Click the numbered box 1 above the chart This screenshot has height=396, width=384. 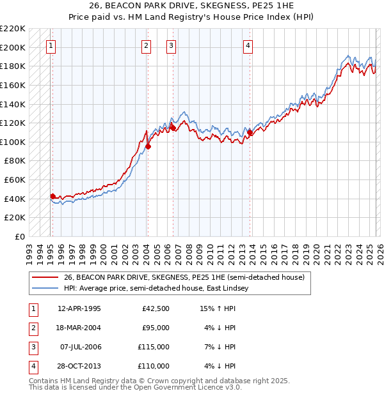coord(51,45)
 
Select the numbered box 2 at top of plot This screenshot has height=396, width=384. coord(146,45)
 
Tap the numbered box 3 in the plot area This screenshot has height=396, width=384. coord(172,45)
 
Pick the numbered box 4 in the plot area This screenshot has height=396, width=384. coord(248,45)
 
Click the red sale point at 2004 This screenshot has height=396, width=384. coord(148,146)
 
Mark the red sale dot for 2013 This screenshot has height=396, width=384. coord(250,133)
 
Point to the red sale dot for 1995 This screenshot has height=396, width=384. coord(52,196)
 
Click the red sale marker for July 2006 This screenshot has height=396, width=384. coord(172,128)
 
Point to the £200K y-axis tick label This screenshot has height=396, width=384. coord(13,47)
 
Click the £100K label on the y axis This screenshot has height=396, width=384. coord(13,142)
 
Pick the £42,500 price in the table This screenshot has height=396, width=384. coord(156,308)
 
